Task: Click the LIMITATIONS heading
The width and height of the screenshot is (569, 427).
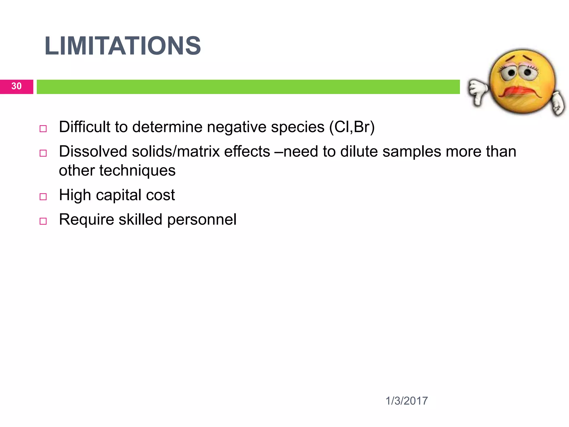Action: [x=123, y=46]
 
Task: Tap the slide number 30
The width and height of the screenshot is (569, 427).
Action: [x=16, y=86]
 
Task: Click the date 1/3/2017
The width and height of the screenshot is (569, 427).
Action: [x=406, y=401]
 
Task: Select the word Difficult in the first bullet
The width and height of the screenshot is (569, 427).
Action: [x=85, y=127]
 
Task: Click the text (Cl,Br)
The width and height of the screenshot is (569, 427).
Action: [x=352, y=127]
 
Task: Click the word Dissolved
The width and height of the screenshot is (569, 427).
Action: [x=93, y=152]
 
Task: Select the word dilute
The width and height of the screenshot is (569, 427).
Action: [x=359, y=152]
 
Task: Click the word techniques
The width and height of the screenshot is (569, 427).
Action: [x=137, y=170]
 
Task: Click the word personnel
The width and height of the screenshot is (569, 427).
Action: [x=202, y=220]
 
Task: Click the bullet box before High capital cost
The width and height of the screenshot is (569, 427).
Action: [x=43, y=197]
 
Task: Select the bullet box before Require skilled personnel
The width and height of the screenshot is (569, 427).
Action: [x=43, y=221]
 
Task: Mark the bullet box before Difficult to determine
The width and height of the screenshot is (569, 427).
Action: [x=43, y=129]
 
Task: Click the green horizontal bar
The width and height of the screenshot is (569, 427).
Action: [x=248, y=87]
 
